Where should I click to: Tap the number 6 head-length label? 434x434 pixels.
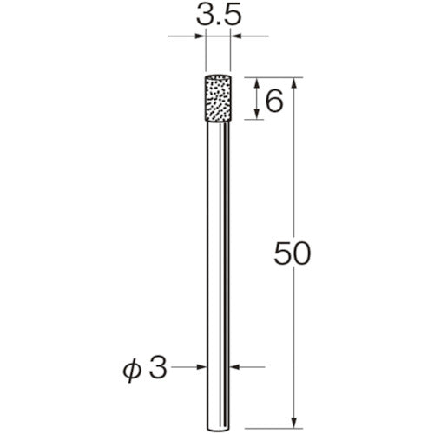point(273,102)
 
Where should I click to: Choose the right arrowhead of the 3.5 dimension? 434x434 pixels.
point(236,37)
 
